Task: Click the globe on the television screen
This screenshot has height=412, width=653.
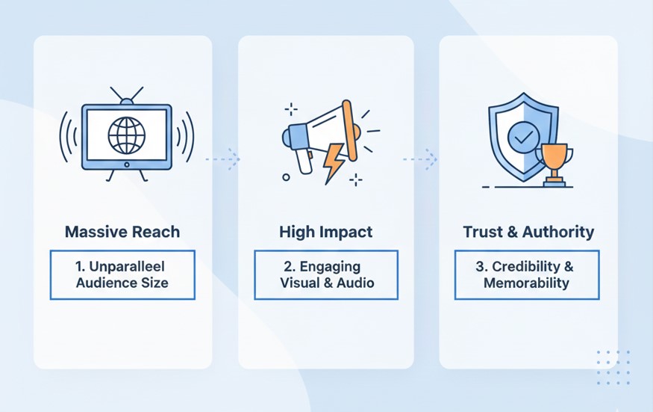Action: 127,135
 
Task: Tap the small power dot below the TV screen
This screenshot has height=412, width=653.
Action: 127,165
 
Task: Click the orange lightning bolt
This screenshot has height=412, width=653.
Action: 334,163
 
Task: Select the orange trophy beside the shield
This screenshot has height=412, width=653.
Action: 554,165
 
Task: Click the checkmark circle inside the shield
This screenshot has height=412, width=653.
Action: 523,138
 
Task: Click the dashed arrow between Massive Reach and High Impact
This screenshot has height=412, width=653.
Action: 223,159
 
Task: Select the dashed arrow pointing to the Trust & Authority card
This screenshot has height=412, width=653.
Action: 420,159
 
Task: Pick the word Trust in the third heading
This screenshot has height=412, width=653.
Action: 483,232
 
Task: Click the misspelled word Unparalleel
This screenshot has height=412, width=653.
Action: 127,266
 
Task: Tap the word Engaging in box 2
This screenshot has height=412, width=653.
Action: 330,266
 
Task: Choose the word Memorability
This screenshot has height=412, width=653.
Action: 526,283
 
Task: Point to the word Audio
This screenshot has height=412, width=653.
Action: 355,283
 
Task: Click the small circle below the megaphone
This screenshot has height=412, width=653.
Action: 286,177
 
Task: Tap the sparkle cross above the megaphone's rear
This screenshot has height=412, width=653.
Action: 291,109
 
